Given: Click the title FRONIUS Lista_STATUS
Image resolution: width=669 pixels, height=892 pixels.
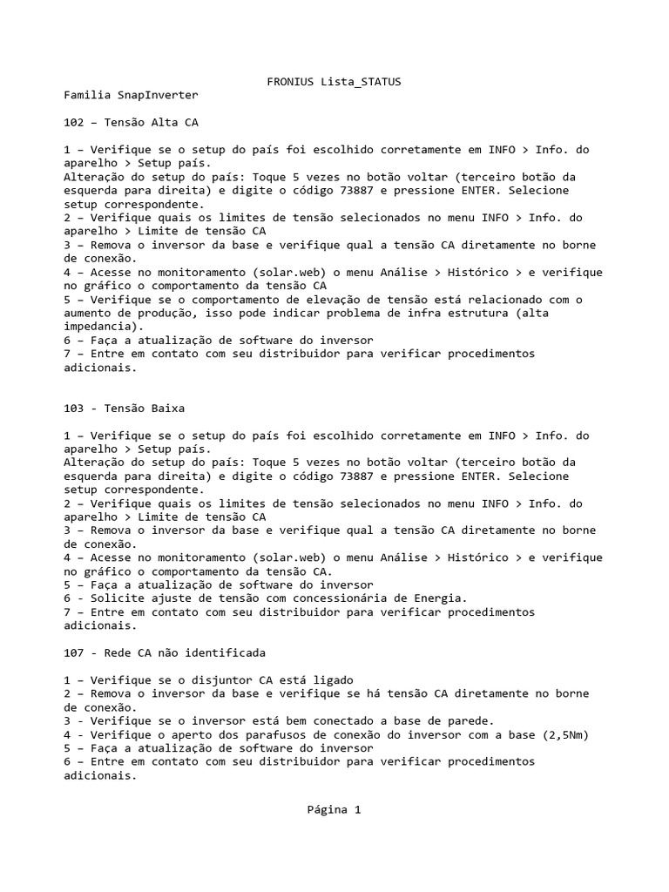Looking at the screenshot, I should point(334,81).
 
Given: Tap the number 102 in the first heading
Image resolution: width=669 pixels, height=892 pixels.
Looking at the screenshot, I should point(74,122).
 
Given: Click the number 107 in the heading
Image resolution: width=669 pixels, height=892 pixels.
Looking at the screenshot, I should point(74,652).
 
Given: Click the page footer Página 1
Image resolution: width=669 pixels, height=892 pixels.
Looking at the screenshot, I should point(334,809).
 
